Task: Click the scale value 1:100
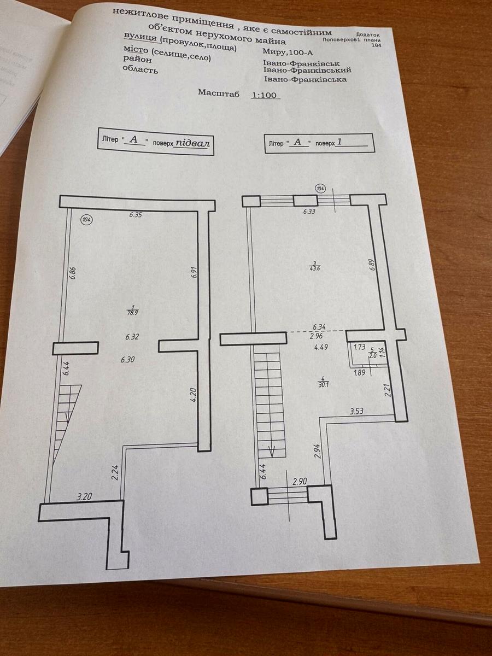[265, 95]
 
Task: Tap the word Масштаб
[219, 93]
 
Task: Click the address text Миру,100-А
[288, 52]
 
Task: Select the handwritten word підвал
[192, 143]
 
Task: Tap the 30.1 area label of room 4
[324, 385]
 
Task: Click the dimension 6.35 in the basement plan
[136, 215]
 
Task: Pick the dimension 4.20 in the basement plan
[193, 395]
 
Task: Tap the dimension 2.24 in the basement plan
[115, 472]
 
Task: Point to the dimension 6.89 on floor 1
[372, 265]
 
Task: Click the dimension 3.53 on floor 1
[356, 411]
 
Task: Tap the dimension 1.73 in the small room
[359, 347]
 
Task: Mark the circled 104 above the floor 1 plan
[321, 189]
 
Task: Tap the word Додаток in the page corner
[368, 34]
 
